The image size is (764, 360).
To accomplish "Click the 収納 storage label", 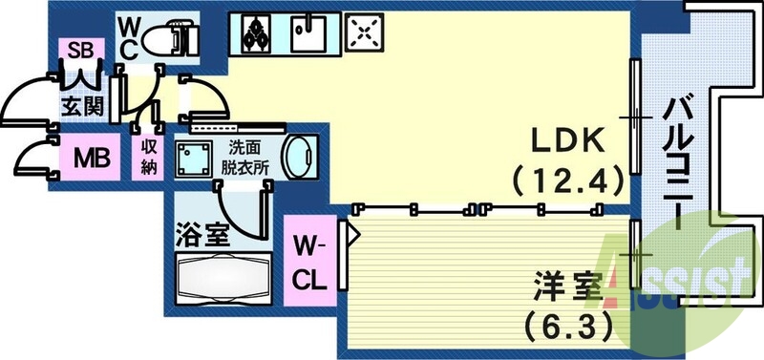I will [x=151, y=155].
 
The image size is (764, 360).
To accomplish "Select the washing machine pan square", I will [x=198, y=159].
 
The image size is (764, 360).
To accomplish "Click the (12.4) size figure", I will [x=567, y=179].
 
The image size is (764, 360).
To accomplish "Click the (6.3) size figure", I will [x=567, y=327].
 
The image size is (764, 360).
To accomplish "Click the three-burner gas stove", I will [x=255, y=35].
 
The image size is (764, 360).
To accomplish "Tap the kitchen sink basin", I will [x=308, y=36].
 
